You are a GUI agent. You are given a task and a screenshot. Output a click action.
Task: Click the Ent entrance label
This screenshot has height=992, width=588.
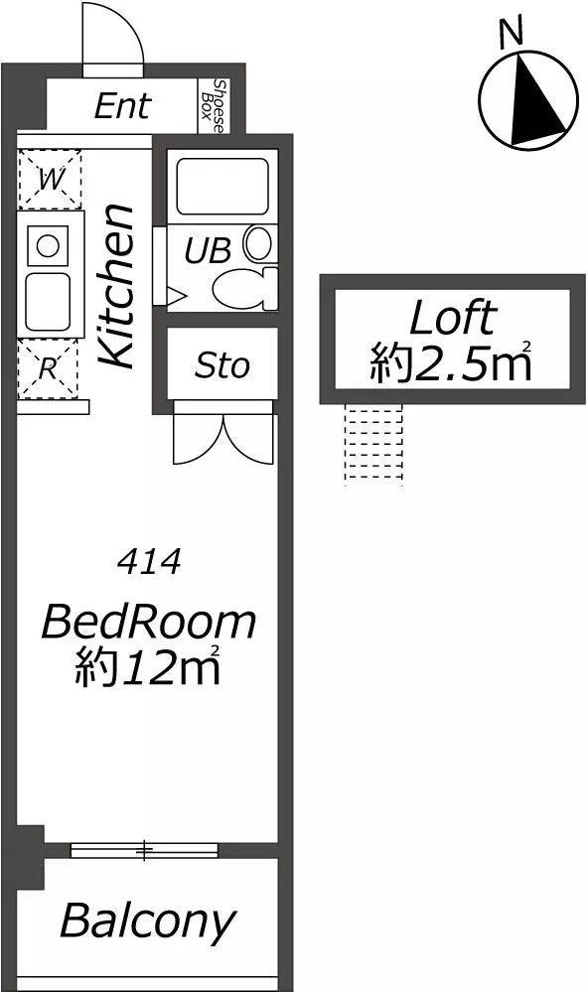coord(123,105)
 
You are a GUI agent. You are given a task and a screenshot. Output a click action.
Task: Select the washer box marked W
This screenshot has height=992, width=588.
coord(50,179)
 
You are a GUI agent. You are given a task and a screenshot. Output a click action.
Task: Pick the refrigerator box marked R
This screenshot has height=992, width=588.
coord(48,368)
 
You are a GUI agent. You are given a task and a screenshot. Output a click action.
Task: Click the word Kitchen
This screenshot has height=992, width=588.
coord(116,286)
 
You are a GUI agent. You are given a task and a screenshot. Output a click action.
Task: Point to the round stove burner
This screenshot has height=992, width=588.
coord(48,245)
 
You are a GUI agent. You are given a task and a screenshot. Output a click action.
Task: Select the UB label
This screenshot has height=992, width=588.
coord(207,251)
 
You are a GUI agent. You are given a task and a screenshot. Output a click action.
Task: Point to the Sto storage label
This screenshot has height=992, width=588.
coord(222,365)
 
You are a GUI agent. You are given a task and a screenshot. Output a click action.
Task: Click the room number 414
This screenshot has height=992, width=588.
coord(150,562)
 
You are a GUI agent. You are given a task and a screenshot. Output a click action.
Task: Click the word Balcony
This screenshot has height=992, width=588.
coord(148,921)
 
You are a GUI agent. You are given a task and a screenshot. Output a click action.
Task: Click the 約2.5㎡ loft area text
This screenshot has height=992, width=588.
coord(451,361)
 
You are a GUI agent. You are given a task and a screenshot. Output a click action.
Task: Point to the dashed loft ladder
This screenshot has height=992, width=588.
coord(373,445)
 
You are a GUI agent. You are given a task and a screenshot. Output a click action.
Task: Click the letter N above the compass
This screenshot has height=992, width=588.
coord(511,33)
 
